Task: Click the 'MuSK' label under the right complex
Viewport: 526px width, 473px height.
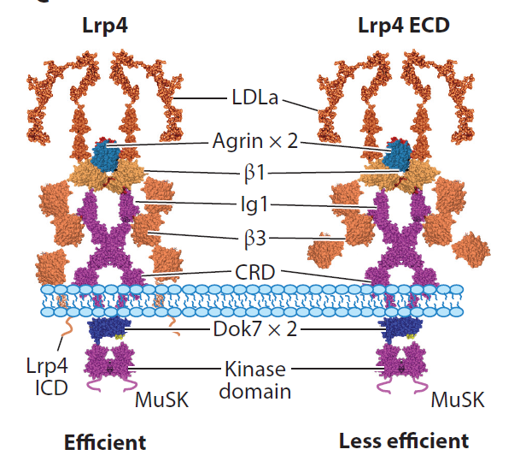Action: point(456,399)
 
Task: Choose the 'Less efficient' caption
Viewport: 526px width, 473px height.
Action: point(403,441)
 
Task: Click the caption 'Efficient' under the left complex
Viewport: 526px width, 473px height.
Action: point(105,442)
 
